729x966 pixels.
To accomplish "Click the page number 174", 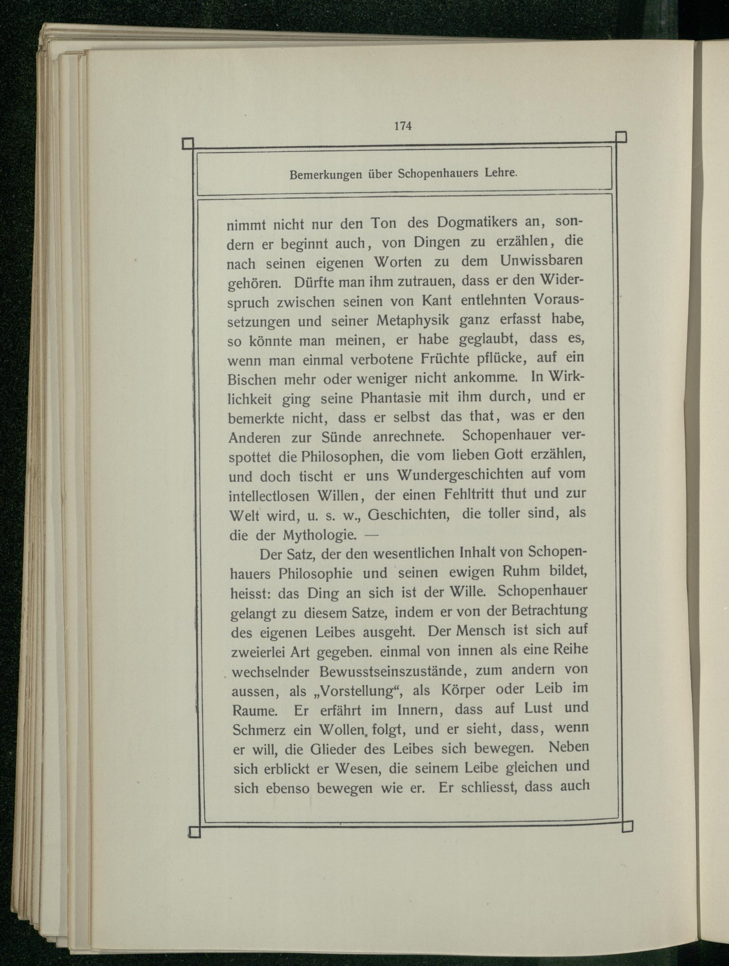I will [x=402, y=126].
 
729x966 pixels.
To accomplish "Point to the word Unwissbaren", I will [x=541, y=261].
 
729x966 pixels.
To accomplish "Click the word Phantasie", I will [x=391, y=398].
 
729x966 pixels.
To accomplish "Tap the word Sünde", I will [x=340, y=437].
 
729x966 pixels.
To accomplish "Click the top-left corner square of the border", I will [x=188, y=144].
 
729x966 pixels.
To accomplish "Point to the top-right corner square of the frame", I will [x=621, y=137].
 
